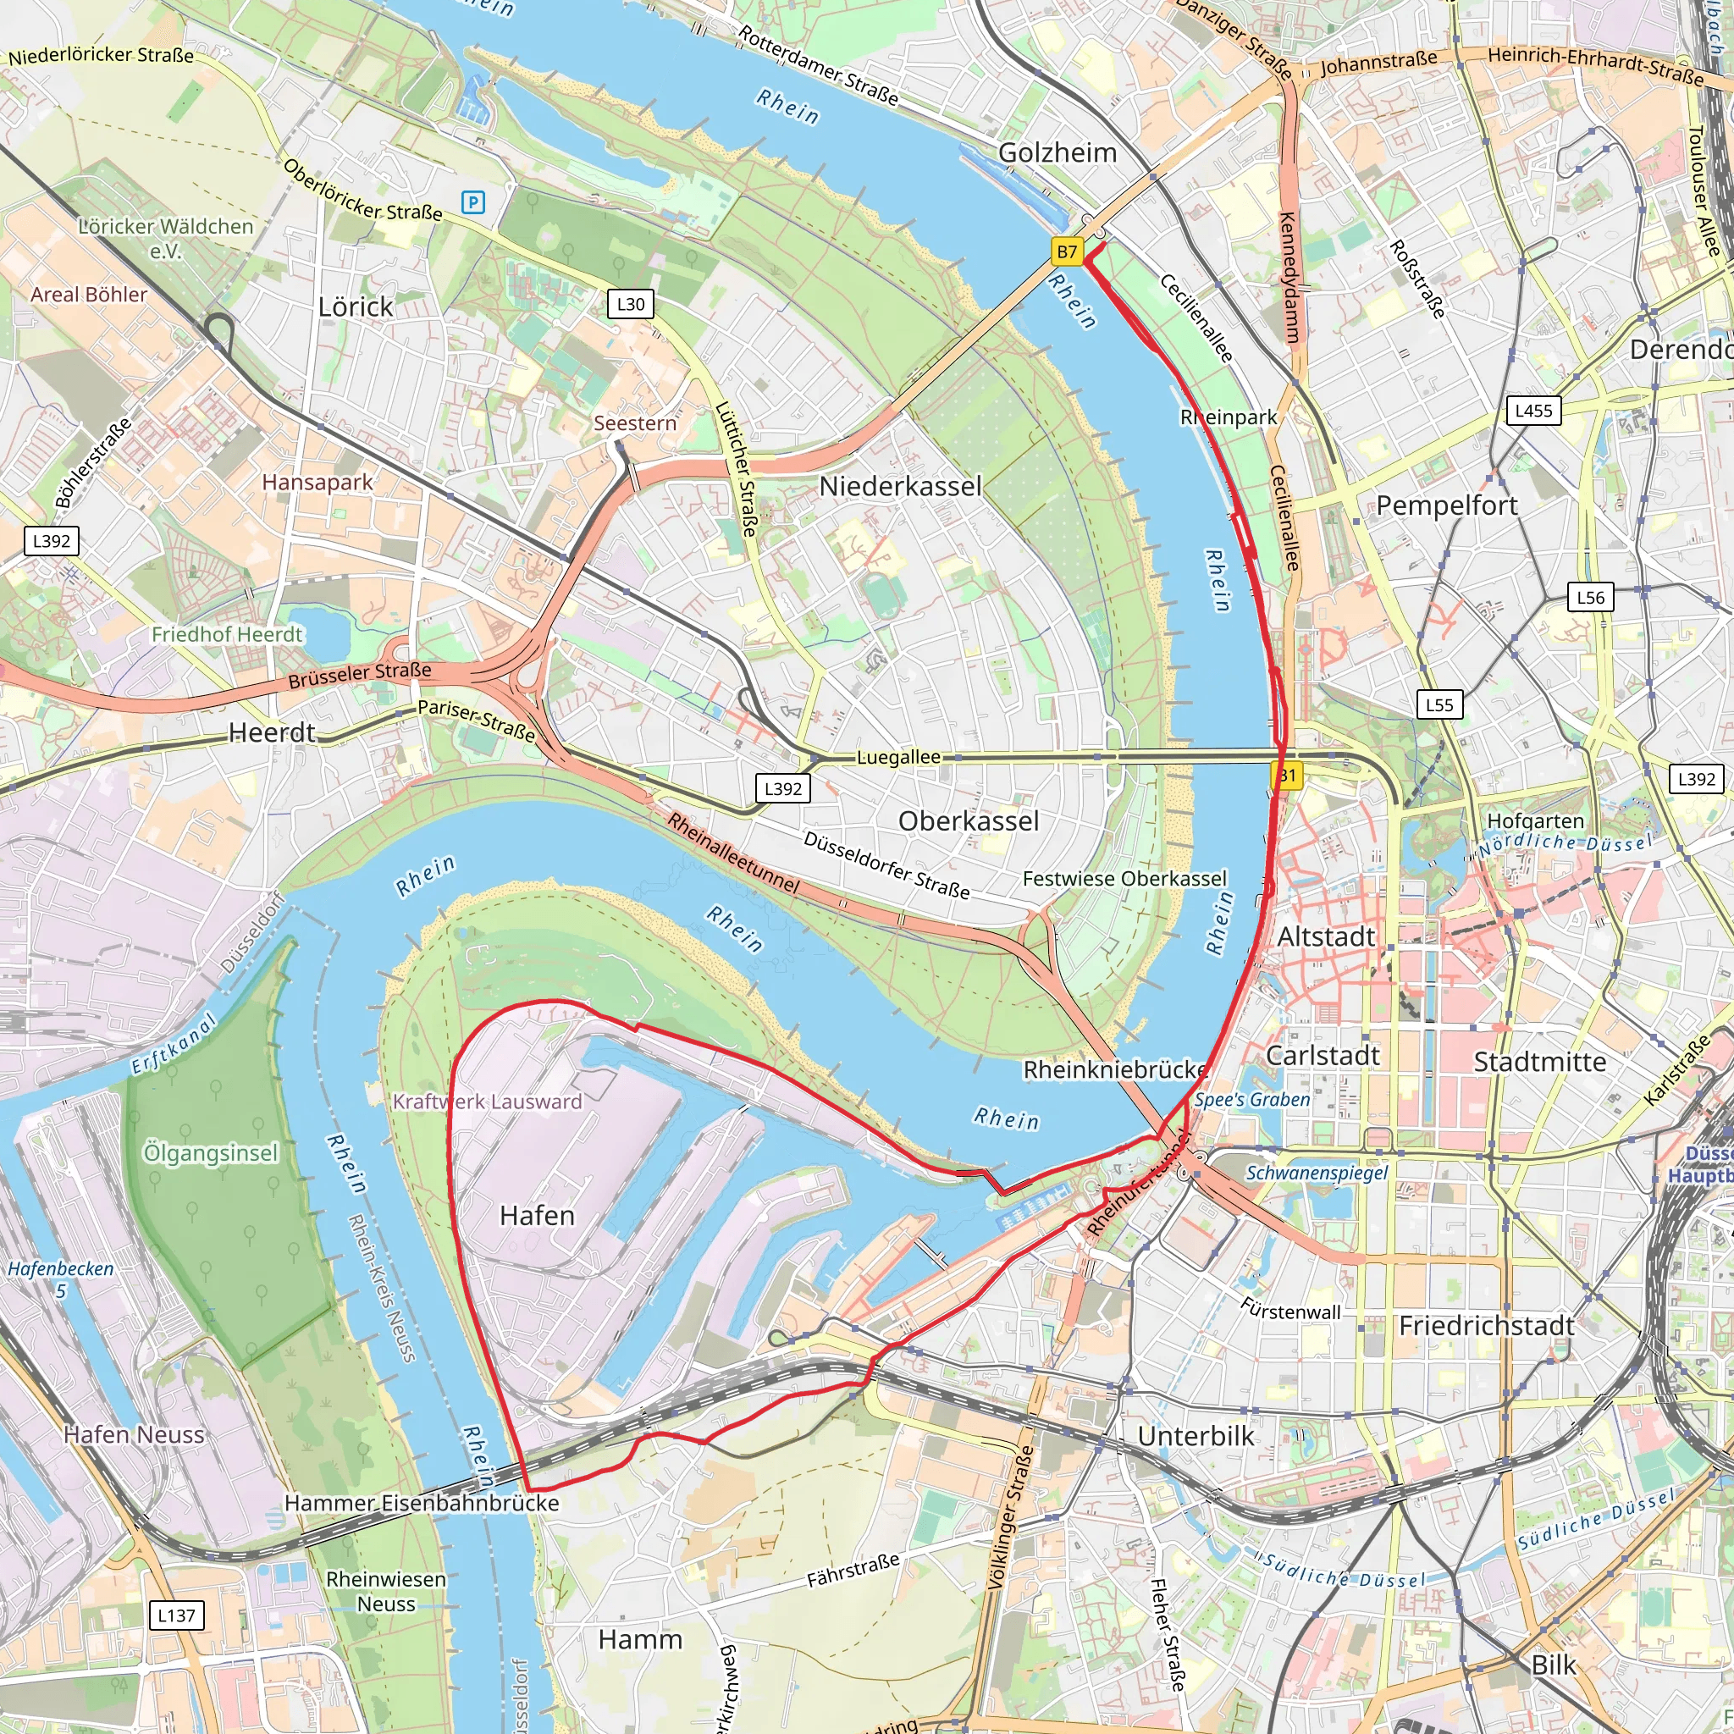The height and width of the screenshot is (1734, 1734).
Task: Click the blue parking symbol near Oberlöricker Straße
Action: click(x=473, y=203)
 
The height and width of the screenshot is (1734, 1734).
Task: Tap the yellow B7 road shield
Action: click(x=1066, y=252)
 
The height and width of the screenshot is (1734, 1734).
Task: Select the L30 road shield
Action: click(x=630, y=304)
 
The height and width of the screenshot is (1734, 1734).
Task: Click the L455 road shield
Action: click(x=1533, y=411)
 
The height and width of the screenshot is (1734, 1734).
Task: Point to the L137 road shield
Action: click(x=176, y=1615)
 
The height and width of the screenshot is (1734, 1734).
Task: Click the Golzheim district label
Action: click(x=1058, y=153)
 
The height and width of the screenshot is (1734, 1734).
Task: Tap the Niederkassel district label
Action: click(x=900, y=487)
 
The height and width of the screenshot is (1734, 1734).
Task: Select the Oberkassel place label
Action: click(x=969, y=821)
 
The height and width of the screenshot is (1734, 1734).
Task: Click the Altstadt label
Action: click(x=1326, y=937)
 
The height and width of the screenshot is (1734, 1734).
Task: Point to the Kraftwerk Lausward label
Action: click(x=488, y=1102)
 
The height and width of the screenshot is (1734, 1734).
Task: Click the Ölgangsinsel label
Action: click(x=211, y=1153)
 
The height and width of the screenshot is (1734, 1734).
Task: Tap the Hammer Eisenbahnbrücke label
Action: click(x=422, y=1504)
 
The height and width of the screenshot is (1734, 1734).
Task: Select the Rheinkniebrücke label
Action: click(x=1115, y=1070)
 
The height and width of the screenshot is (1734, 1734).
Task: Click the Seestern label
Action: click(x=634, y=422)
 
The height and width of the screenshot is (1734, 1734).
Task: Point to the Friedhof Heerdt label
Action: click(x=227, y=634)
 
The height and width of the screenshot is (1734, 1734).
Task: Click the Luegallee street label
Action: click(x=898, y=758)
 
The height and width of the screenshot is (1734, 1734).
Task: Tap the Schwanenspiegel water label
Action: click(x=1316, y=1173)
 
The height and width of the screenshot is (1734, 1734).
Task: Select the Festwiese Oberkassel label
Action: click(x=1124, y=879)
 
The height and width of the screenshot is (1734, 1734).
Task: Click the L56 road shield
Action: click(x=1590, y=598)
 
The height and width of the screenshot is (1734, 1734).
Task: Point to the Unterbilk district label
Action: click(x=1196, y=1436)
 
